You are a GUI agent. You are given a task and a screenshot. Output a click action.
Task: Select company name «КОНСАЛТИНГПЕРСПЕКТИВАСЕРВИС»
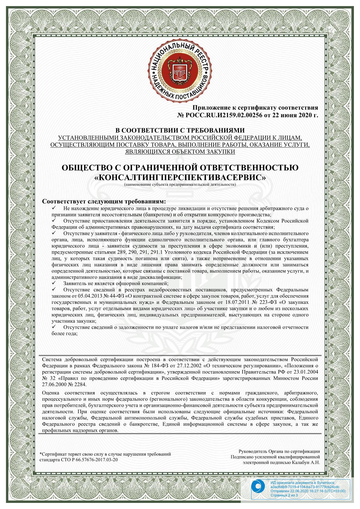pyautogui.click(x=180, y=177)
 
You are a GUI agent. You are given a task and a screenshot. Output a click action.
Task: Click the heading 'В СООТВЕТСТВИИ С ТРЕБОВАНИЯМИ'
pyautogui.click(x=180, y=131)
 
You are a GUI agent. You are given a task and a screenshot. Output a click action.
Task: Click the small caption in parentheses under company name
pyautogui.click(x=180, y=184)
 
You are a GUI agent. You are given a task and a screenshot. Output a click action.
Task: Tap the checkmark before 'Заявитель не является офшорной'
pyautogui.click(x=54, y=282)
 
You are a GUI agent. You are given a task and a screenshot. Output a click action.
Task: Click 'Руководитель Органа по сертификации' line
pyautogui.click(x=279, y=452)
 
